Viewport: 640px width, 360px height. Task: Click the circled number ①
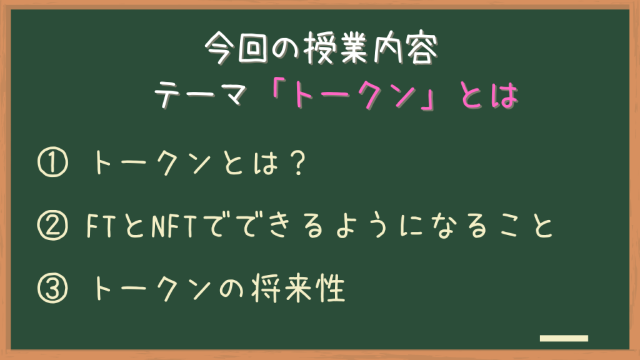tap(52, 162)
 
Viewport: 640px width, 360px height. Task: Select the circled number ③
tap(52, 288)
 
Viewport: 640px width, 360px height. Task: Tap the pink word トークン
tap(354, 96)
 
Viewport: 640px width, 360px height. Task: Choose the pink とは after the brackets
tap(489, 96)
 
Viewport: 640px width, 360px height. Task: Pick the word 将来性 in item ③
tap(298, 288)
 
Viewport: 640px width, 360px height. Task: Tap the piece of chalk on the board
tap(564, 338)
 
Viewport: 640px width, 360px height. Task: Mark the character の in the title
tap(286, 49)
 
